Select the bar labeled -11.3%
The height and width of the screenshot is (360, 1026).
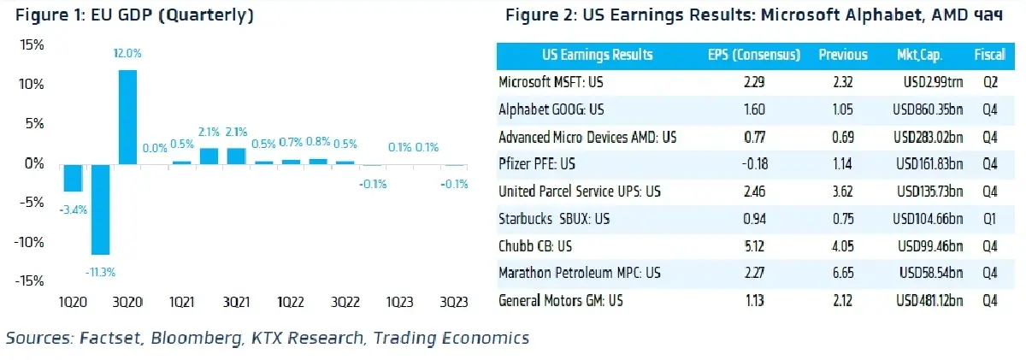click(x=101, y=209)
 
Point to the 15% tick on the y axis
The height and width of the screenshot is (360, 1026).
click(x=32, y=45)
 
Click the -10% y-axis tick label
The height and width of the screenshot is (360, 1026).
click(x=29, y=242)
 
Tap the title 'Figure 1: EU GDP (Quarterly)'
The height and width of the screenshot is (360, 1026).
click(x=130, y=15)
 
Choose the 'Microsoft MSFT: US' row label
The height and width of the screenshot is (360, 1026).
click(x=551, y=82)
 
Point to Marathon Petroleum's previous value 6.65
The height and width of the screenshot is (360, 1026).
click(x=842, y=274)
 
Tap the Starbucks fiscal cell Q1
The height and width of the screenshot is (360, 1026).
click(x=988, y=219)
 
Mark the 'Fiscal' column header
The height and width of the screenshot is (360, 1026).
click(x=988, y=55)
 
